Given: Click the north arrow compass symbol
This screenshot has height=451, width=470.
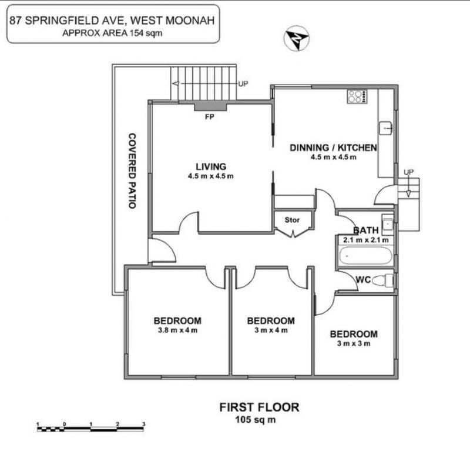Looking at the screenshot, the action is click(x=297, y=38).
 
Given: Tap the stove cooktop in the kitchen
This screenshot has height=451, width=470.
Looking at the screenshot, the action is click(x=357, y=96).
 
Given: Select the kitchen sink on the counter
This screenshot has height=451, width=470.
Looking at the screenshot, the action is click(x=385, y=128).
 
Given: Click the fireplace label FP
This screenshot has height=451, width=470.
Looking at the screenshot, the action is click(x=210, y=117).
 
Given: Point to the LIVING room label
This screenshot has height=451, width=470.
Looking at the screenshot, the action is click(x=211, y=166).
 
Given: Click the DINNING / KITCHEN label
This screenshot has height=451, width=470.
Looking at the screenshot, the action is click(x=333, y=148).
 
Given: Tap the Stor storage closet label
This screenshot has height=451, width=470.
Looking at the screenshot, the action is click(x=292, y=220).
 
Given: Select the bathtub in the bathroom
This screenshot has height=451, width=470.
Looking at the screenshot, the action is click(x=365, y=256).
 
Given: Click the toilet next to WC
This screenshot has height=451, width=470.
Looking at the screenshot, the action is click(x=382, y=280).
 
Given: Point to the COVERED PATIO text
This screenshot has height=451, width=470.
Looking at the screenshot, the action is click(x=132, y=171).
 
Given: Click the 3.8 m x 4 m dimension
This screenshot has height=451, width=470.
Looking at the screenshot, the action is click(x=178, y=330).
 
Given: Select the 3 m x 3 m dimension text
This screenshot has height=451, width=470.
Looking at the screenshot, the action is click(x=354, y=343).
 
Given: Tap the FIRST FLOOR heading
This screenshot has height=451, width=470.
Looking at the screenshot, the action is click(x=259, y=407).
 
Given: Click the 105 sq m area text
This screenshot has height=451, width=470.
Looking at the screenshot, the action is click(x=256, y=419).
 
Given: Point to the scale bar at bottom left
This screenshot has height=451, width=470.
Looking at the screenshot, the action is click(x=90, y=427).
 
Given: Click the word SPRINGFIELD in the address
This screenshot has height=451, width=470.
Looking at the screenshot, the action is click(x=74, y=21).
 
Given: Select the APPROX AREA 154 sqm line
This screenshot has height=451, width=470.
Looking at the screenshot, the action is click(x=112, y=33).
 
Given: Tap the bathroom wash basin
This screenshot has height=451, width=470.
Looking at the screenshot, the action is click(x=388, y=224).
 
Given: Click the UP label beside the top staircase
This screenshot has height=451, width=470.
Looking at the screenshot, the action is click(x=243, y=83).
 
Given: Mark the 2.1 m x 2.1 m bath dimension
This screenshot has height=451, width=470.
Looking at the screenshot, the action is click(x=365, y=240).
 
